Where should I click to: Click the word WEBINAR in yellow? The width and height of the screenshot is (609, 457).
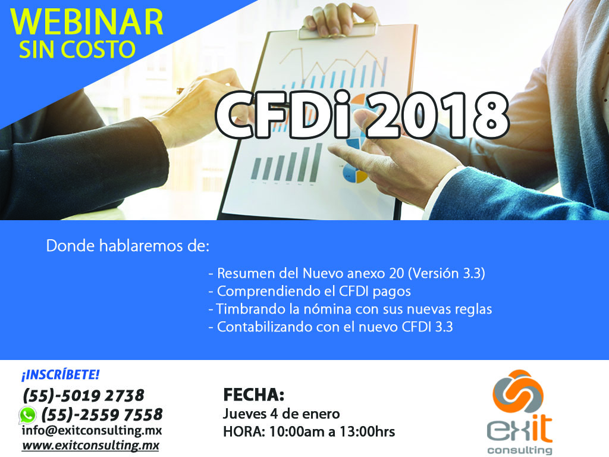click(x=87, y=22)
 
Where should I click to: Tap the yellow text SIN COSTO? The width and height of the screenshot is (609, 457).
click(x=77, y=50)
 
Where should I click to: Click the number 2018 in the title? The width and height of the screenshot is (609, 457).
click(x=437, y=115)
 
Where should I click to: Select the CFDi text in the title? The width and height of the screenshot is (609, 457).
click(x=288, y=115)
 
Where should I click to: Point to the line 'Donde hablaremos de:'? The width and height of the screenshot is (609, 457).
click(x=128, y=246)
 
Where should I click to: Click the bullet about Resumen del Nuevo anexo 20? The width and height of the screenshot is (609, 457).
click(x=347, y=273)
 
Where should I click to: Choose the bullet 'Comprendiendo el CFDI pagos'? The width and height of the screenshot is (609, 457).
click(x=309, y=291)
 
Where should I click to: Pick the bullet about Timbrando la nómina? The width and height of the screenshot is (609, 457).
click(x=350, y=309)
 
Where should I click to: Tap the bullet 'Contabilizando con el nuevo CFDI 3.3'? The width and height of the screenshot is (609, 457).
click(x=331, y=327)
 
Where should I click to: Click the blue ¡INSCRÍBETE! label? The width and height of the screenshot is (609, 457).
click(x=61, y=375)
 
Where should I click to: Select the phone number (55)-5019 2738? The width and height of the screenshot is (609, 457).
click(x=83, y=396)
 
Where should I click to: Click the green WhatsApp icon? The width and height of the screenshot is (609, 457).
click(x=27, y=415)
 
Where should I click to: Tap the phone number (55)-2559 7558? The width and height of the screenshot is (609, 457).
click(x=102, y=415)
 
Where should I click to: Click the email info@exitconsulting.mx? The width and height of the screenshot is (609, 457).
click(x=92, y=431)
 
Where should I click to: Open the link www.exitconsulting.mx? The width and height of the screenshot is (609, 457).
click(x=90, y=445)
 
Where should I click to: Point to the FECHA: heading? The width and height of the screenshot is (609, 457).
click(x=254, y=395)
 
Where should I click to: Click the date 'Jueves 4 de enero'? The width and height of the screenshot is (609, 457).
click(x=281, y=414)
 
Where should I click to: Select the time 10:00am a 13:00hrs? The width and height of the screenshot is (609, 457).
click(x=332, y=432)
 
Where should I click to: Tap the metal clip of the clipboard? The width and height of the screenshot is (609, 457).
click(x=338, y=30)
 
